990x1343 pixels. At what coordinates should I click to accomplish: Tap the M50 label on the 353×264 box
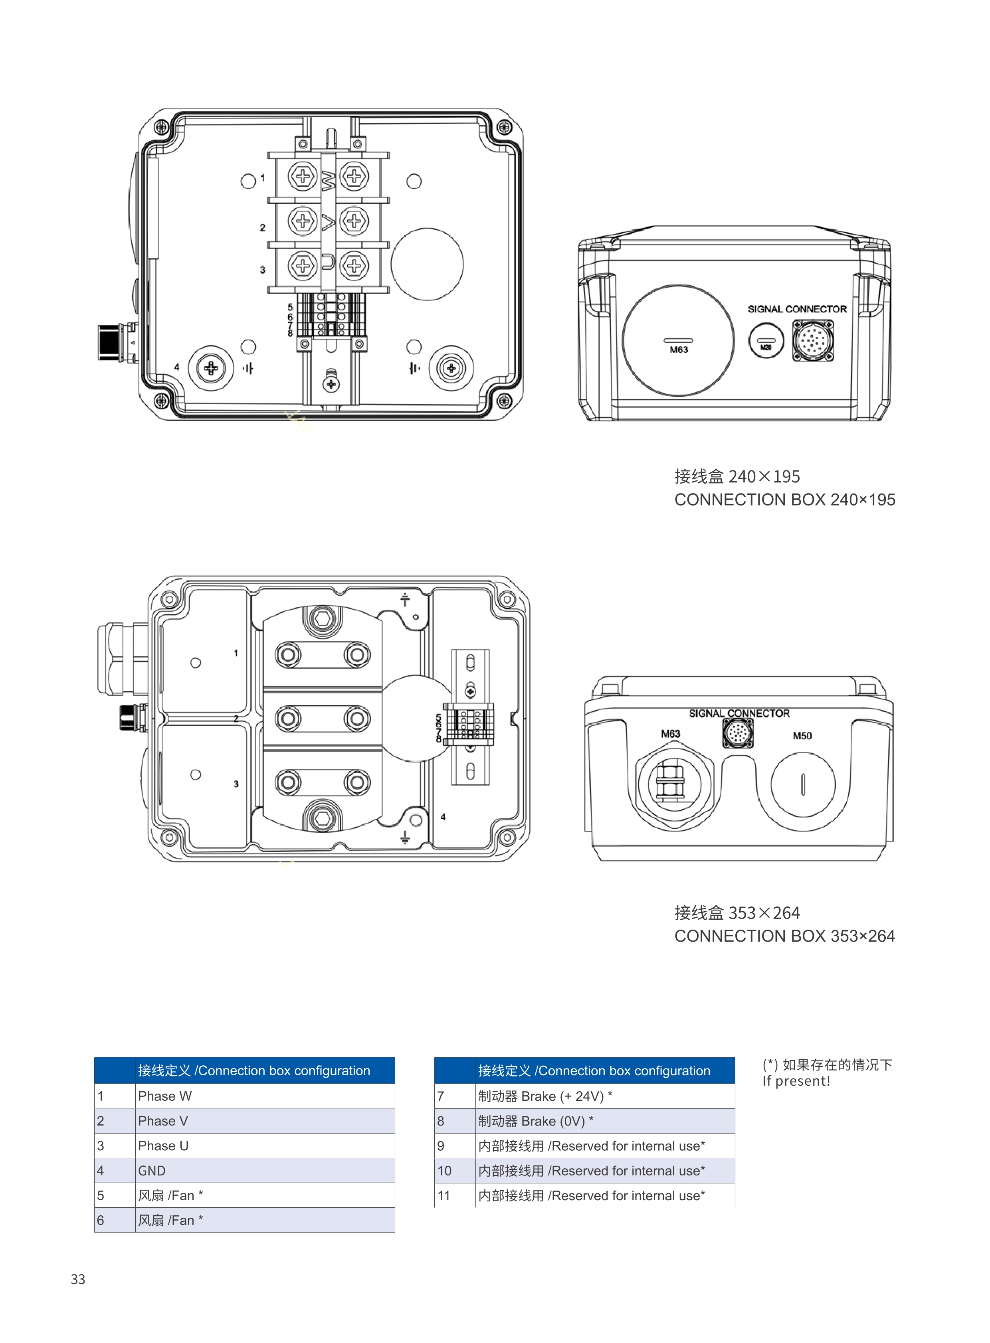(802, 736)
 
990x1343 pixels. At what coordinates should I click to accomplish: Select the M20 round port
(766, 341)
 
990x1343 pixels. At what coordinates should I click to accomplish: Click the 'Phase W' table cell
(265, 1096)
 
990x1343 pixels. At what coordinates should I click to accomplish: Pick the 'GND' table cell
(265, 1171)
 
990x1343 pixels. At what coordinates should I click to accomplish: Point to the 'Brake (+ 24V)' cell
(605, 1096)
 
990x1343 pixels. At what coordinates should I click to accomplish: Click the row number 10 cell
(455, 1171)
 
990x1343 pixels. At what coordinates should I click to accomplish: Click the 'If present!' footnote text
(796, 1081)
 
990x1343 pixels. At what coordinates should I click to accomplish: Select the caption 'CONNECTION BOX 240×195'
(784, 500)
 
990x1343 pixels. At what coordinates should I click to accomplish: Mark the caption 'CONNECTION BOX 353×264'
(784, 936)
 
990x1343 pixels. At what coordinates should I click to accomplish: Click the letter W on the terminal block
(329, 179)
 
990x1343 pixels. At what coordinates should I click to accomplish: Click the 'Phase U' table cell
(265, 1145)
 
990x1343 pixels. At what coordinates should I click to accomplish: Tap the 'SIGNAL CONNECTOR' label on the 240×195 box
(797, 309)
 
